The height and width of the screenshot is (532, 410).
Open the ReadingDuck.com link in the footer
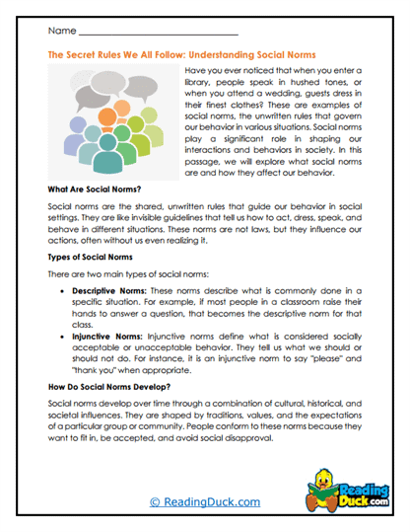(x=204, y=501)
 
